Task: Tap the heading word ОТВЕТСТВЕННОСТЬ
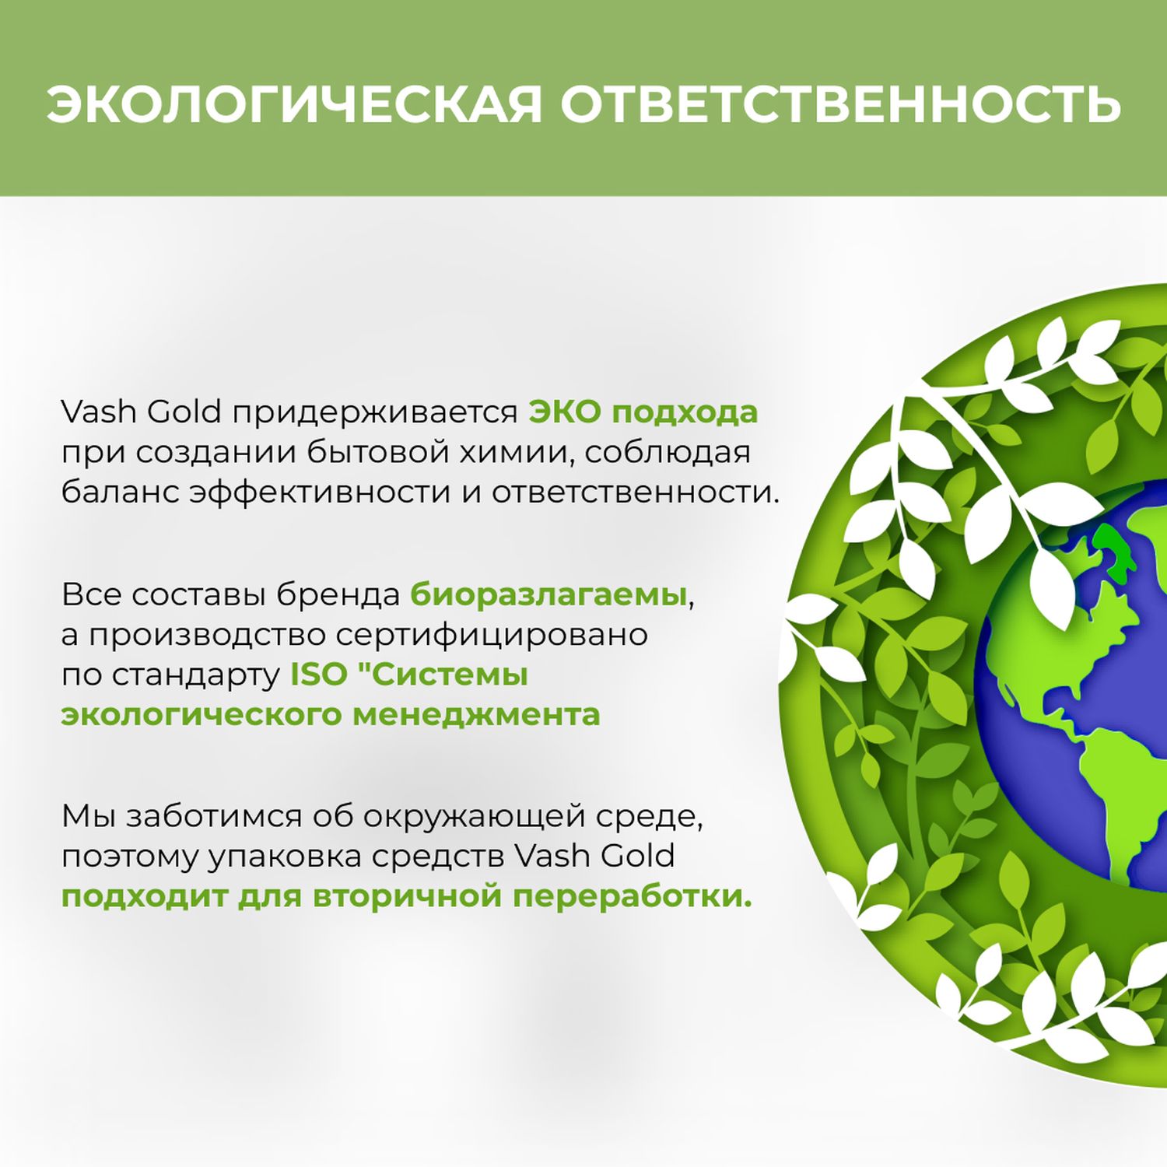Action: pos(840,103)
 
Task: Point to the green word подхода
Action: pos(685,413)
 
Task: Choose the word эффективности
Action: pos(320,492)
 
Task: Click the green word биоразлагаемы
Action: pos(548,595)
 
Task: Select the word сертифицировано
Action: pos(492,636)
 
